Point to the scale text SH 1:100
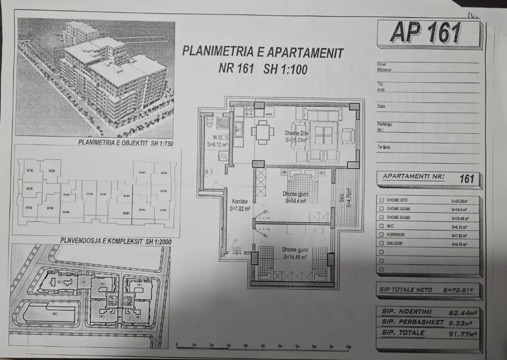pyautogui.click(x=286, y=69)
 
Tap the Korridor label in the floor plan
pyautogui.click(x=240, y=202)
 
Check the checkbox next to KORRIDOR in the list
pyautogui.click(x=381, y=235)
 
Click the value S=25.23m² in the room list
pyautogui.click(x=459, y=202)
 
